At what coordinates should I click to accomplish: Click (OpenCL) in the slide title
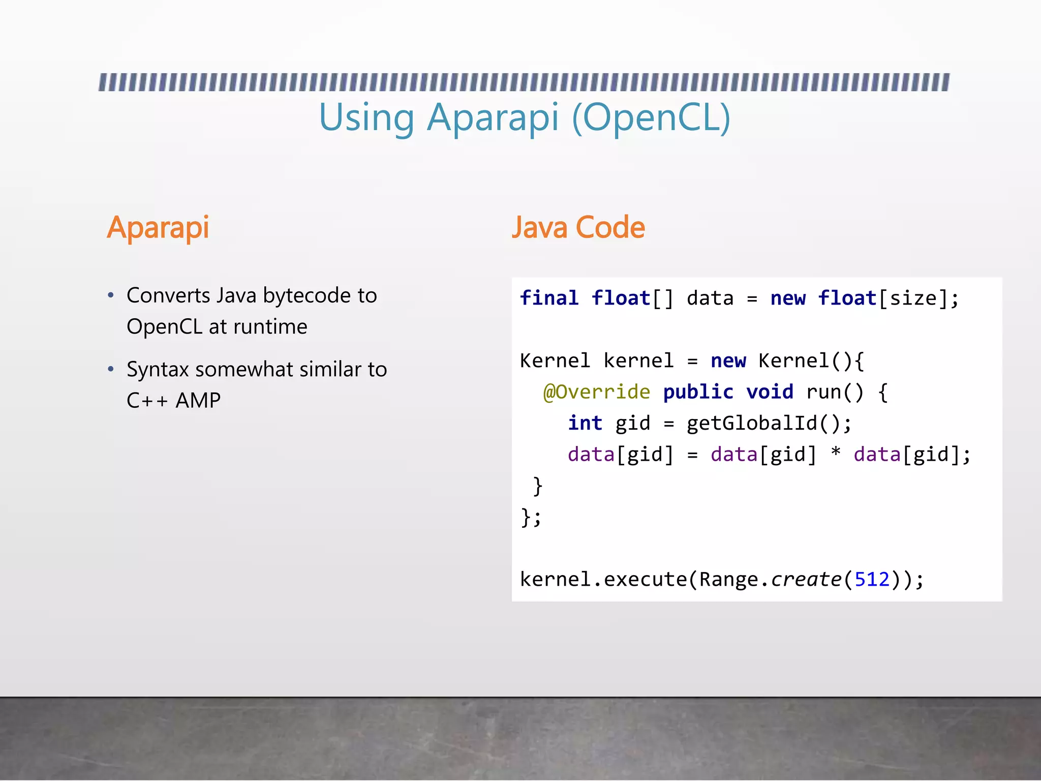pyautogui.click(x=651, y=118)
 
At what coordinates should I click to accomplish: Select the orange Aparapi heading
pyautogui.click(x=158, y=227)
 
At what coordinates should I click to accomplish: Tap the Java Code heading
pyautogui.click(x=578, y=227)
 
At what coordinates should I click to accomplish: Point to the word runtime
pyautogui.click(x=270, y=326)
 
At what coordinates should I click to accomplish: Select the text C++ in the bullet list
pyautogui.click(x=147, y=401)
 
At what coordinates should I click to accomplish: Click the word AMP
pyautogui.click(x=198, y=401)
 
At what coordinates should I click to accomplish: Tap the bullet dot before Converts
pyautogui.click(x=111, y=296)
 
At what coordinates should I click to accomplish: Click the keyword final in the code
pyautogui.click(x=549, y=298)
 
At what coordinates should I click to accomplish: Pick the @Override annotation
pyautogui.click(x=597, y=392)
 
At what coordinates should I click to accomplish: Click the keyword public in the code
pyautogui.click(x=698, y=392)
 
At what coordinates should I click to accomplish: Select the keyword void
pyautogui.click(x=770, y=392)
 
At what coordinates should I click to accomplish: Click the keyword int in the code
pyautogui.click(x=585, y=423)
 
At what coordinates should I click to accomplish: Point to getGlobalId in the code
pyautogui.click(x=752, y=423)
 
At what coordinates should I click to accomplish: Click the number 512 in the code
pyautogui.click(x=872, y=579)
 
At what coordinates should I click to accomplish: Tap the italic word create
pyautogui.click(x=806, y=579)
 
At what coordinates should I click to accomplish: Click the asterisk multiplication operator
pyautogui.click(x=835, y=453)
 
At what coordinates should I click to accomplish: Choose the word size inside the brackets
pyautogui.click(x=913, y=298)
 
